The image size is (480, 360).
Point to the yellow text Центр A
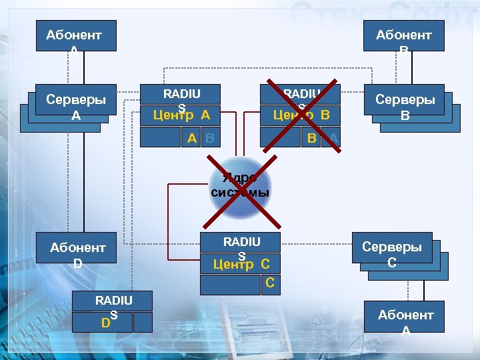tap(181, 115)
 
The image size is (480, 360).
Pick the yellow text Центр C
tap(241, 264)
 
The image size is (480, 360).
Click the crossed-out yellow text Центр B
tap(302, 115)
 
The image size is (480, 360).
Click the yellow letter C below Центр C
tap(269, 283)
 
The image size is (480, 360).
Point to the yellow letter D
tap(105, 323)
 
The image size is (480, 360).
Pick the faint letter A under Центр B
tap(334, 138)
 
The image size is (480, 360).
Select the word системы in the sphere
tap(240, 193)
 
